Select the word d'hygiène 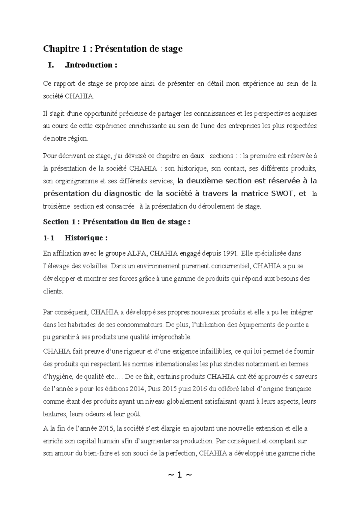[57, 377]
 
